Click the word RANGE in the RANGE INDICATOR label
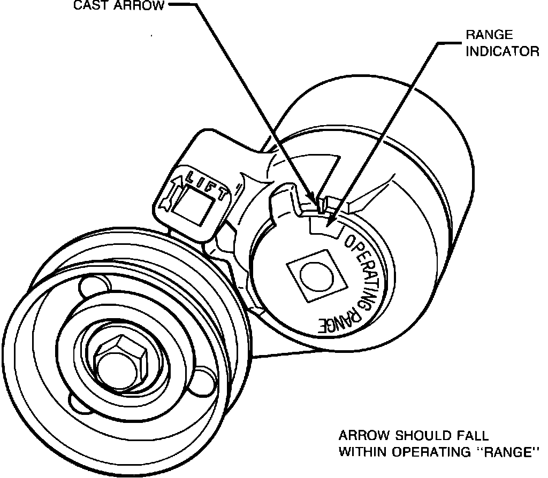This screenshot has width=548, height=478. pyautogui.click(x=489, y=36)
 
